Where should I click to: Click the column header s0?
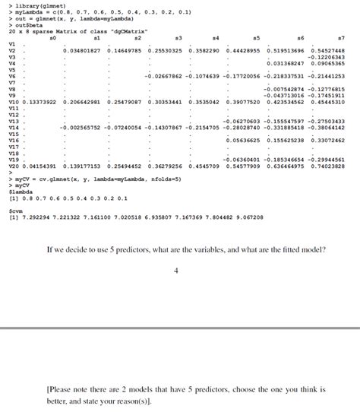(52, 37)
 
